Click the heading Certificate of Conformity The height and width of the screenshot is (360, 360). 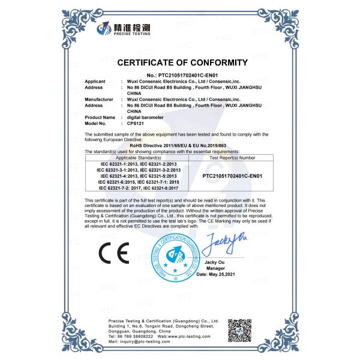click(182, 62)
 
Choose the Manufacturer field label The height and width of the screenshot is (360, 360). click(99, 99)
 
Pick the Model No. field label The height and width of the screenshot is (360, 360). click(97, 123)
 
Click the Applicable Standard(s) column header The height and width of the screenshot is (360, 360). click(138, 157)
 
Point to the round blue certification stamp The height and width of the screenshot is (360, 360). click(177, 259)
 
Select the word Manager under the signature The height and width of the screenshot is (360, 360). click(223, 268)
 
